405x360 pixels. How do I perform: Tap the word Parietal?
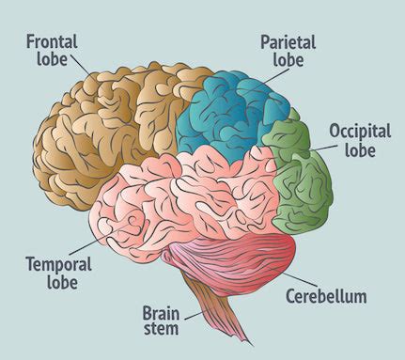(x=288, y=41)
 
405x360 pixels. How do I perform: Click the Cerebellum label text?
(x=325, y=297)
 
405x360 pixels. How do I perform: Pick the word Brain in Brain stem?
(x=162, y=311)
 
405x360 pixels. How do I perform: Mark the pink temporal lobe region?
(x=188, y=202)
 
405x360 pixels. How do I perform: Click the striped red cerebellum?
(x=235, y=263)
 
